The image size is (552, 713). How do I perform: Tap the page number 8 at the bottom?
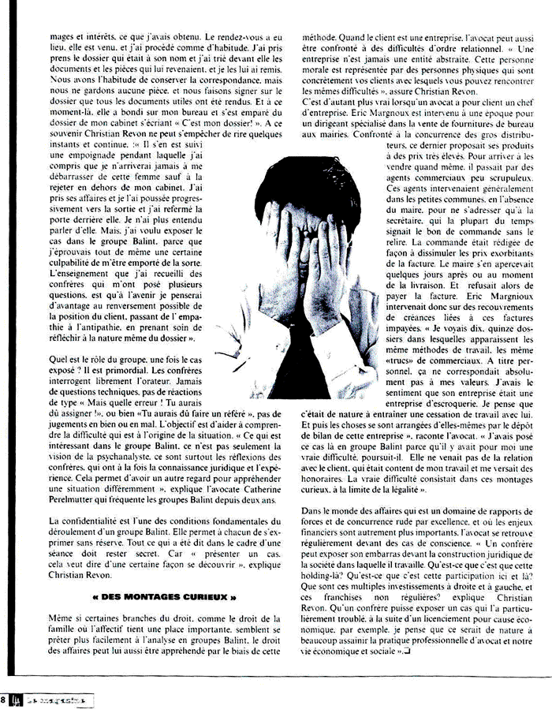[5, 699]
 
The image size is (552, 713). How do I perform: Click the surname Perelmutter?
[79, 500]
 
